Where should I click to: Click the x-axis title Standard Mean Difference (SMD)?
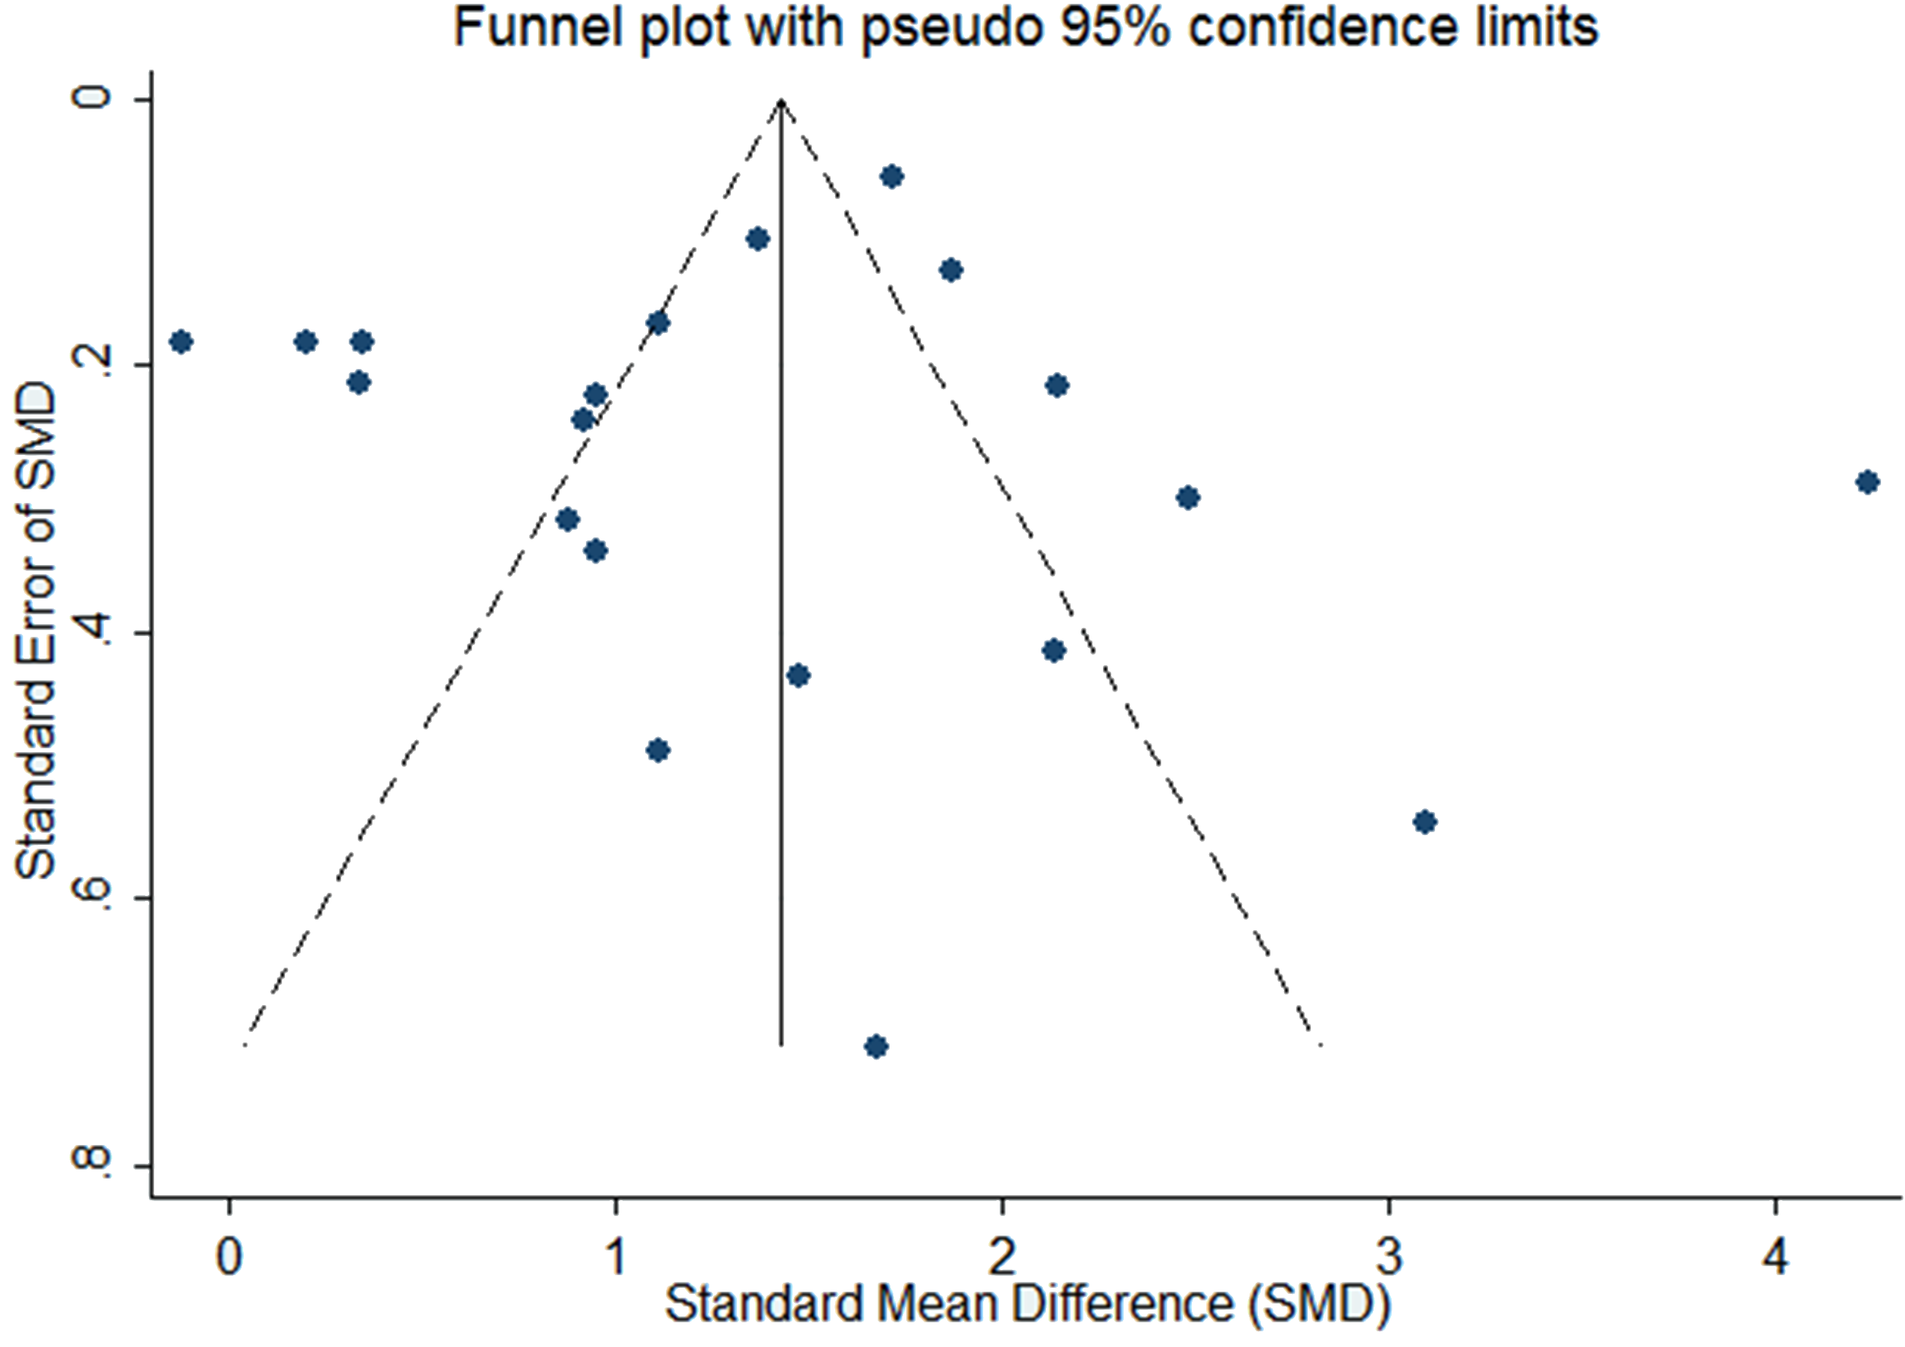click(1027, 1304)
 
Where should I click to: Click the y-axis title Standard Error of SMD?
click(37, 631)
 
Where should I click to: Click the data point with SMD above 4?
click(1868, 482)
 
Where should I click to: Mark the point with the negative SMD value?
click(181, 342)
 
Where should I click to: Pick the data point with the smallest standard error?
click(892, 177)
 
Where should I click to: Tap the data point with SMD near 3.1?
click(1425, 822)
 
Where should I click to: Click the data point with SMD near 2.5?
click(1188, 498)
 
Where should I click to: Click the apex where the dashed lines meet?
click(780, 100)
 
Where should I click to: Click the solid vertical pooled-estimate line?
click(780, 581)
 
